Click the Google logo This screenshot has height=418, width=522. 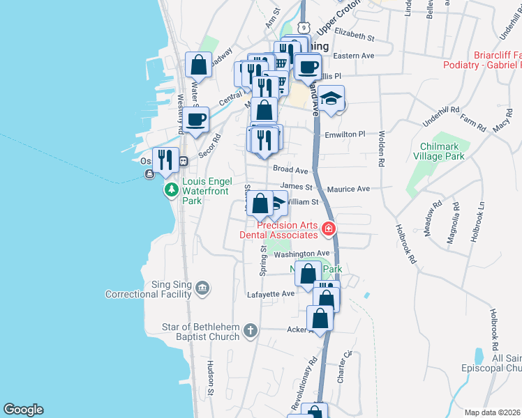[x=23, y=410]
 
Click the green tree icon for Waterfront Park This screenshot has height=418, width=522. [x=170, y=189]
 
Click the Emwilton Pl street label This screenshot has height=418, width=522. [x=345, y=134]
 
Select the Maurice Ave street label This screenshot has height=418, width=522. [x=350, y=189]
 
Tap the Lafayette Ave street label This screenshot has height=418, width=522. [x=271, y=294]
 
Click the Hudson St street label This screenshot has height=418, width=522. [x=210, y=378]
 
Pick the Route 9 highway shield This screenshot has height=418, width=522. [x=302, y=26]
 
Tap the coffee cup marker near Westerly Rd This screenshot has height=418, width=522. [x=197, y=119]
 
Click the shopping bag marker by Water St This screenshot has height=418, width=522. [x=199, y=65]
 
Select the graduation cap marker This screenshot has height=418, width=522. [x=332, y=99]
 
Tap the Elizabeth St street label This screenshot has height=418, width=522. [x=355, y=33]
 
